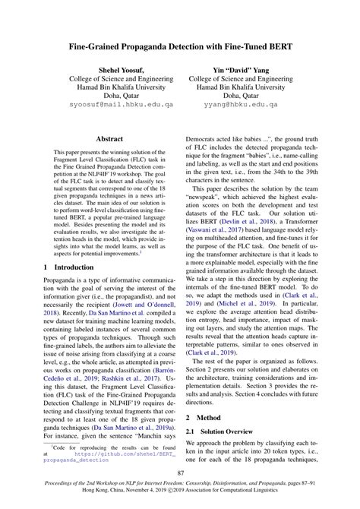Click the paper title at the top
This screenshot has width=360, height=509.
point(180,46)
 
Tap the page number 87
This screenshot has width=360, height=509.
point(180,473)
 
